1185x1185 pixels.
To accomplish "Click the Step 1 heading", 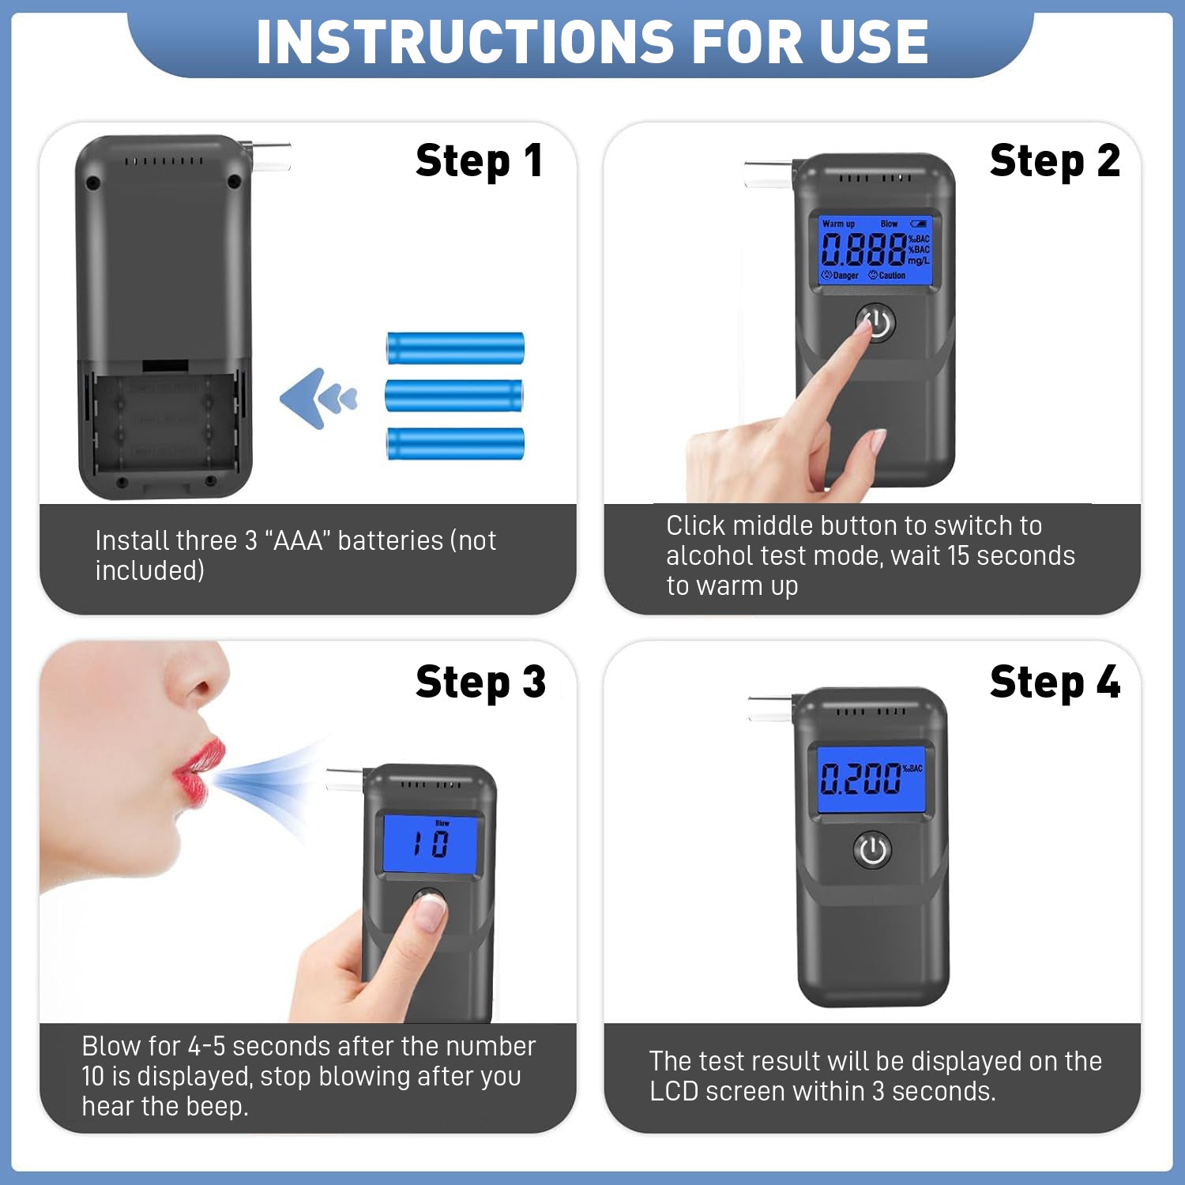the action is (479, 160).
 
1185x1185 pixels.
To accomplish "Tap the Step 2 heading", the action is (1055, 160).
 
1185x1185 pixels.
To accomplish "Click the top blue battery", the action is (455, 348).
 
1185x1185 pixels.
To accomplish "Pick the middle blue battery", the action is (454, 395).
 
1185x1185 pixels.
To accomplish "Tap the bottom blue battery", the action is (455, 443).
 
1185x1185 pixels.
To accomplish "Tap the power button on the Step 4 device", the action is (872, 850).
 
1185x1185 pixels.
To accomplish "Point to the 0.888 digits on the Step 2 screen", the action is (863, 250).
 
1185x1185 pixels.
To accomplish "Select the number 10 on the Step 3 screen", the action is (431, 845).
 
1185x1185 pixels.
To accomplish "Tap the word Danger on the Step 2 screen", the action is (840, 276).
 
